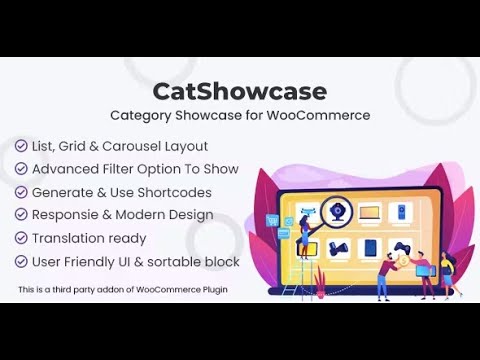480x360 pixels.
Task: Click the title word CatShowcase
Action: (239, 91)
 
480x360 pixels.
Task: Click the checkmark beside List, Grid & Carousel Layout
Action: (21, 147)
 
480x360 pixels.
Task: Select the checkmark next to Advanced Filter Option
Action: (21, 169)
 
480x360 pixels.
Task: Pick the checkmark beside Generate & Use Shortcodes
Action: (21, 192)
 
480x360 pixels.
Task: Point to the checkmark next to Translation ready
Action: (21, 238)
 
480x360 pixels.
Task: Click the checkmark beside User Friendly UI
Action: (21, 261)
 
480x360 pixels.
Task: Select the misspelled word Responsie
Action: (66, 215)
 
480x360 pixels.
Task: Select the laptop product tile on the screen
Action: (369, 212)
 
